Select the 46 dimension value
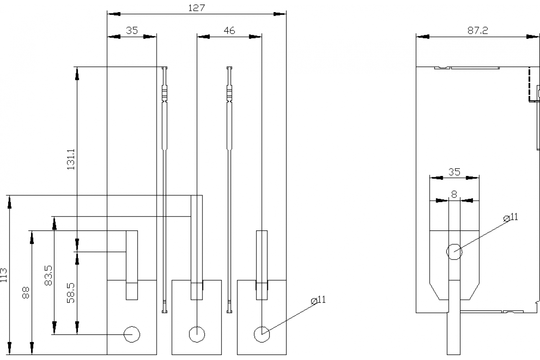(229, 31)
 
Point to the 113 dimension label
(4, 275)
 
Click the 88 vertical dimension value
(26, 292)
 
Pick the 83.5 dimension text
(49, 274)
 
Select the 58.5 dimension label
(71, 292)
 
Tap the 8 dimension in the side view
(454, 194)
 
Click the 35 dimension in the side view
(454, 171)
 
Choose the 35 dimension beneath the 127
(131, 31)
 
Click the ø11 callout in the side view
(511, 217)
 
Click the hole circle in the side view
(454, 252)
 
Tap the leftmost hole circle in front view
(132, 334)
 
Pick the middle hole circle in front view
(197, 334)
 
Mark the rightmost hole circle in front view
(261, 334)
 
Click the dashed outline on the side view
(530, 85)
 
